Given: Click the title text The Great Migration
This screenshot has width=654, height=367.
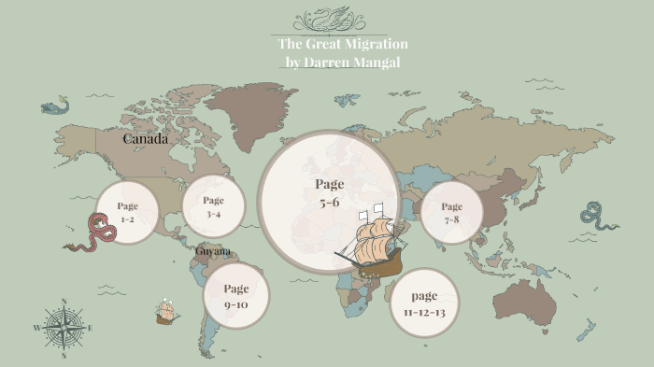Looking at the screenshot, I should coord(342,44).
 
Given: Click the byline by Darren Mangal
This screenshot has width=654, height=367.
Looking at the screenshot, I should coord(342,62).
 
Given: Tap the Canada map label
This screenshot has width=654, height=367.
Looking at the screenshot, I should coord(146,139).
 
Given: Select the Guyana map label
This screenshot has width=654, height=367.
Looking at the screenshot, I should coord(213,251).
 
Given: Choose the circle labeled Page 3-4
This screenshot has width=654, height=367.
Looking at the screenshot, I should coord(213,206).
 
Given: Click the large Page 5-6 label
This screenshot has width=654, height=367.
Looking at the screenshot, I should coord(330,192).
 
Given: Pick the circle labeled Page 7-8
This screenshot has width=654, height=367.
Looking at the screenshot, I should coord(451,213).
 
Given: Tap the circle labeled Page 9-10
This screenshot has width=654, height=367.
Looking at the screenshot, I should coord(236,295).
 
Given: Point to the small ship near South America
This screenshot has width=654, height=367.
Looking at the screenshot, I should coord(168,311).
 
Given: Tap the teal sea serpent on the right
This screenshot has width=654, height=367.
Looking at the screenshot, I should coord(597,217).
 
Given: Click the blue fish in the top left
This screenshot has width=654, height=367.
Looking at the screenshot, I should coord(56,106).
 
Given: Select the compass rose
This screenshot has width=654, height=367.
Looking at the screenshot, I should coord(64,328).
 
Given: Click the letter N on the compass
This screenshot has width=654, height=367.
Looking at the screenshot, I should coord(64,302).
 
